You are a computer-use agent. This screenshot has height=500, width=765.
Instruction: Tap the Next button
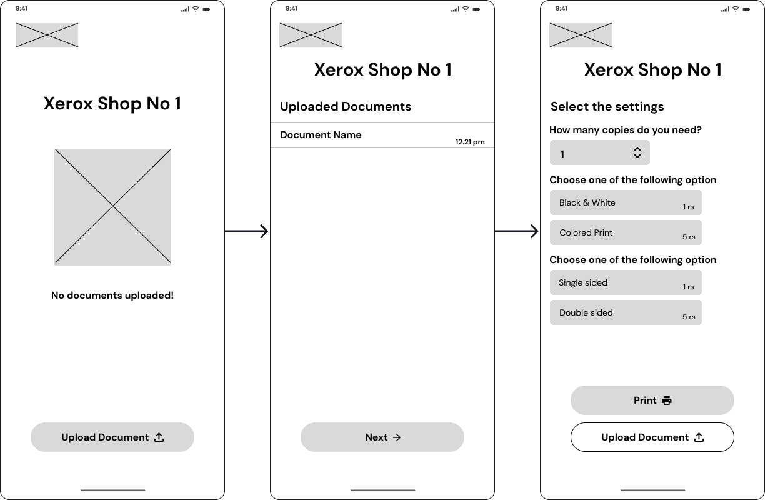pos(382,437)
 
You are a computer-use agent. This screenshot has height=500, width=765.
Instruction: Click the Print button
pos(652,400)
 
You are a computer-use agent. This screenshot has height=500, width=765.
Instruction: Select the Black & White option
pos(626,202)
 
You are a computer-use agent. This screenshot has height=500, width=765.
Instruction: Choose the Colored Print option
pos(626,232)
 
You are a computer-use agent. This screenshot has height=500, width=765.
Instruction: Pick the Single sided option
pos(626,282)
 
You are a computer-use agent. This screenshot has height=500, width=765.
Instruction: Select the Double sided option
pos(626,312)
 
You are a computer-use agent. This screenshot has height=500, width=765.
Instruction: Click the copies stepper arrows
pos(637,152)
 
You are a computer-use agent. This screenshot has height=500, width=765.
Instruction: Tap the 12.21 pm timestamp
pos(470,142)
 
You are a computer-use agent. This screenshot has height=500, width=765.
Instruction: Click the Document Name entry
pos(321,135)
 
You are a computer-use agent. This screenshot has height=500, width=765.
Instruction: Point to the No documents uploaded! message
pos(112,296)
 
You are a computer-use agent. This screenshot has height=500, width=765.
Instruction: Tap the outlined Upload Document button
pos(652,437)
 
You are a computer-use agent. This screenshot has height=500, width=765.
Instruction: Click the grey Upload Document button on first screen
pos(112,437)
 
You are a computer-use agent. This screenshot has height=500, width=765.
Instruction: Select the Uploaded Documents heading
pos(346,106)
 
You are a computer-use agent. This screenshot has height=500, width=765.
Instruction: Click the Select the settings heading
pos(607,106)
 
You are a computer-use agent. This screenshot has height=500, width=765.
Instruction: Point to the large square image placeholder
pos(112,207)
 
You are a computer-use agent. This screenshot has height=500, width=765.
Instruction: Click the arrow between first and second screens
pos(247,231)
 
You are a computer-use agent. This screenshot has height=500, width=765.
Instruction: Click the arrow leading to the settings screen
pos(517,231)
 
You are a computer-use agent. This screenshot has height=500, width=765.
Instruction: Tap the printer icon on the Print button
pos(667,400)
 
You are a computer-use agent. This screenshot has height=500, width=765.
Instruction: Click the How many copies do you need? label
pos(626,130)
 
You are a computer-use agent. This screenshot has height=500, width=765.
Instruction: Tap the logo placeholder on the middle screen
pos(311,35)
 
